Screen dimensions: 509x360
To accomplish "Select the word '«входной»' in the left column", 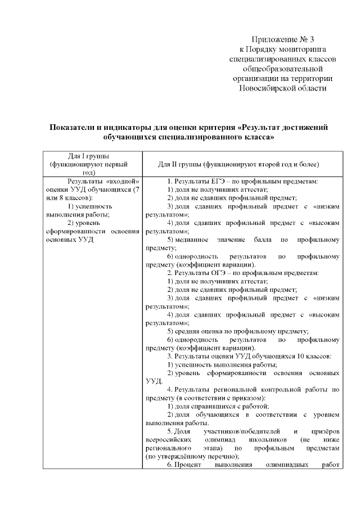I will pos(120,182).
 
